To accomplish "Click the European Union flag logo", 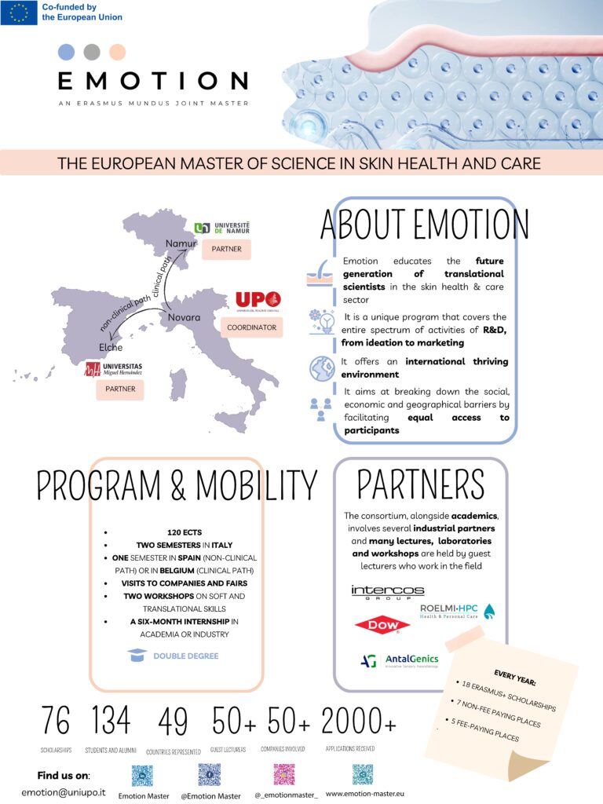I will (19, 13).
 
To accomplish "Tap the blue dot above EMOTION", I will (67, 53).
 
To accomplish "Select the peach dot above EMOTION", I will (117, 53).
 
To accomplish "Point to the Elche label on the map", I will (111, 347).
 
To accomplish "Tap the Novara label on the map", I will (184, 317).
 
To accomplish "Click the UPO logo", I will (258, 301).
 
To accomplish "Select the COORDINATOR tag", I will (251, 327).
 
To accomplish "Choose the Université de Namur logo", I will (222, 228).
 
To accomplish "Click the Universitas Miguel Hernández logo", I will (114, 368).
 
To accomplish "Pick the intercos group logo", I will (387, 591).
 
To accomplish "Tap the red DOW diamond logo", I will (382, 626).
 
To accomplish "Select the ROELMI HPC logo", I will (457, 610).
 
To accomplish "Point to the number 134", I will (111, 720).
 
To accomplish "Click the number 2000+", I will (358, 720).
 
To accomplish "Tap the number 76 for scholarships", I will (56, 720).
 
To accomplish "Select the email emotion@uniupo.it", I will (64, 792).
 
